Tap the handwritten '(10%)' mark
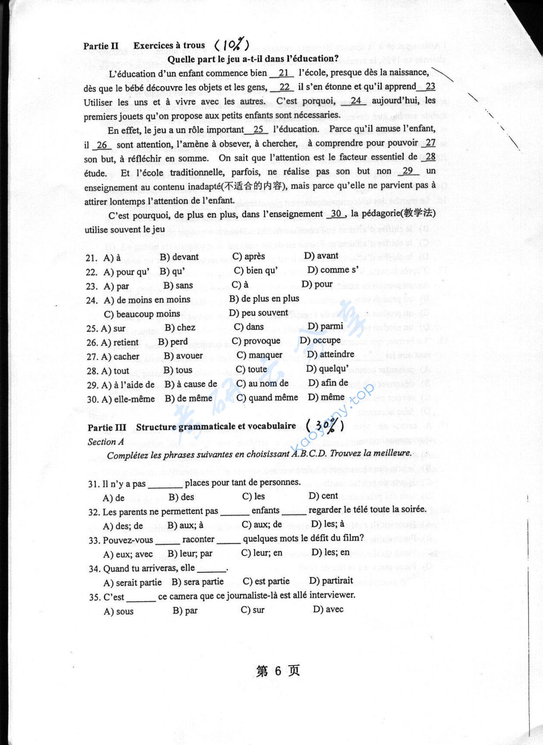(232, 45)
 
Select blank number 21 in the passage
(283, 73)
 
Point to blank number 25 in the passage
(258, 129)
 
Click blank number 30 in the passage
(336, 213)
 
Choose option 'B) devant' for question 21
(179, 257)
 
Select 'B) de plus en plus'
(264, 299)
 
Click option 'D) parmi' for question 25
(325, 326)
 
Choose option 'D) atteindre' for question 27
(331, 354)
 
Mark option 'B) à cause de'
(191, 384)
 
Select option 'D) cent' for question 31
(323, 496)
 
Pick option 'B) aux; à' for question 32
(186, 525)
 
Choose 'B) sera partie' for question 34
(197, 582)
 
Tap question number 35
(95, 597)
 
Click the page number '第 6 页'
(278, 671)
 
